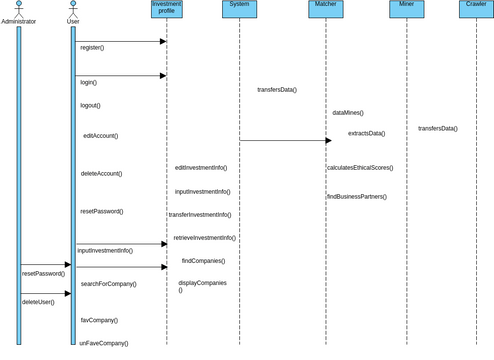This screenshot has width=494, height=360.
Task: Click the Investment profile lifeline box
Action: coord(166,9)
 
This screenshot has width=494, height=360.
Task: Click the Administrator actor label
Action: coord(19,21)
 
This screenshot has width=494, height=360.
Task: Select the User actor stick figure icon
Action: coord(73,8)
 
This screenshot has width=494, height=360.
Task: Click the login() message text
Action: coord(89,82)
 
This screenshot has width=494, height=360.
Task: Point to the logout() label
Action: coord(90,105)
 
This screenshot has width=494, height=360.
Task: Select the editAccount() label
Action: coord(100,135)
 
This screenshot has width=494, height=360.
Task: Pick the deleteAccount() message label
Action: coord(101,173)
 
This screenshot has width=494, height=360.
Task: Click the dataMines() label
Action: coord(348,113)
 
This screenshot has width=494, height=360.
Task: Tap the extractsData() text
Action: coord(366,133)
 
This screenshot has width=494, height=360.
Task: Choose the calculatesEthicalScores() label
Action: coord(360,168)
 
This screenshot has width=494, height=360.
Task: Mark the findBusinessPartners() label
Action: coord(356,196)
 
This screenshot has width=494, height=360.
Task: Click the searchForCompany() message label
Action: coord(109,284)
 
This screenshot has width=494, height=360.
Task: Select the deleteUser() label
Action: coord(38,301)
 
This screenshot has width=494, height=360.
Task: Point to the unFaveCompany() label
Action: coord(103,343)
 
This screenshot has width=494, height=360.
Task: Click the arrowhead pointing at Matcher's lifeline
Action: coord(327,140)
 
